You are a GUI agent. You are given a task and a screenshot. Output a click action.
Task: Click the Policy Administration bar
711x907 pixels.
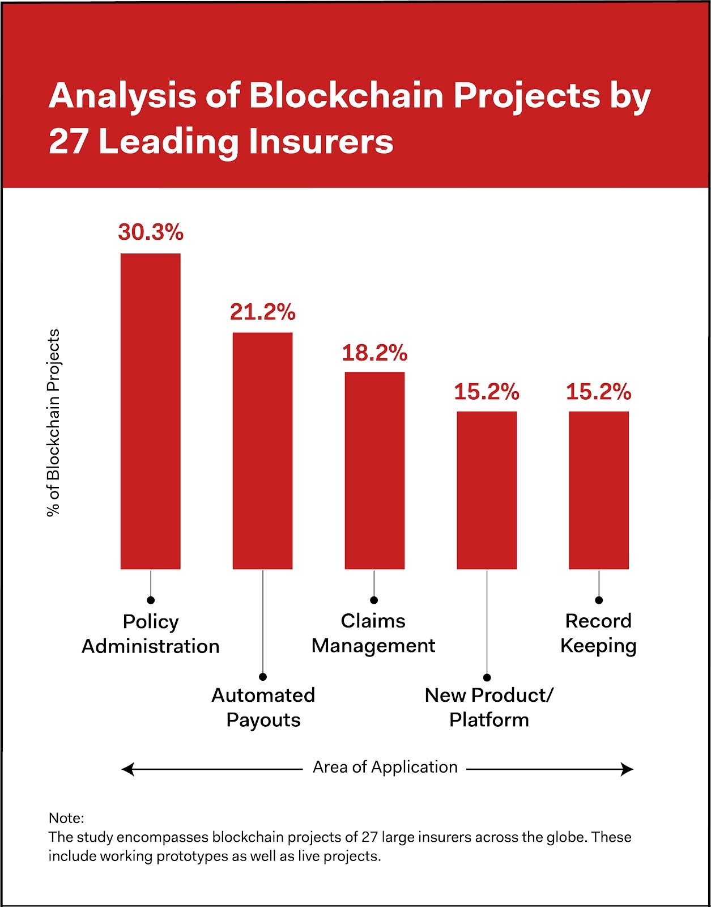(x=151, y=411)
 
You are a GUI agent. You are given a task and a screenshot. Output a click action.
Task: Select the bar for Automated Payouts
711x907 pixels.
(x=262, y=451)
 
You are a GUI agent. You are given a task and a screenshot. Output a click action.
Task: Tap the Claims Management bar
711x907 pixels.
(x=374, y=471)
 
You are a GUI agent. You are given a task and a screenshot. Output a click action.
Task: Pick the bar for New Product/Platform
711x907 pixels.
(x=487, y=490)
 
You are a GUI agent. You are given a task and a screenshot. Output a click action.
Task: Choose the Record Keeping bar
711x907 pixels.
(x=599, y=490)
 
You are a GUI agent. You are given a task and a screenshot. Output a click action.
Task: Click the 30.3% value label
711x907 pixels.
(x=151, y=232)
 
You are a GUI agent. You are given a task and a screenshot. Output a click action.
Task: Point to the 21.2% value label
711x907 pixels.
(x=262, y=312)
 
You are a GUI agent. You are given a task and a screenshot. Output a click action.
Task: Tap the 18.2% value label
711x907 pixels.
(x=374, y=353)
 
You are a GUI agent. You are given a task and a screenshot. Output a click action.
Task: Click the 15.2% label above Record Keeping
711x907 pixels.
(x=599, y=392)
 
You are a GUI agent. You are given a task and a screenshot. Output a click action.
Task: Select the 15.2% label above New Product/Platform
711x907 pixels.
(x=487, y=392)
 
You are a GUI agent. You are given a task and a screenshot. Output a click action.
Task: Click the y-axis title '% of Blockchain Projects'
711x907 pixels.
(x=53, y=422)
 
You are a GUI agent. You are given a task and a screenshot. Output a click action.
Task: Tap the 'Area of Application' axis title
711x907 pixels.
(x=385, y=767)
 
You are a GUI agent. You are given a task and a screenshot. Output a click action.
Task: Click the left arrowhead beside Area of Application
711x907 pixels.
(x=127, y=769)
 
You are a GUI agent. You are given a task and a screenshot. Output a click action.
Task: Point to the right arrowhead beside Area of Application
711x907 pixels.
(x=627, y=769)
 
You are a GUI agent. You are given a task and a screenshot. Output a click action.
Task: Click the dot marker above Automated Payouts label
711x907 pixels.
(x=263, y=677)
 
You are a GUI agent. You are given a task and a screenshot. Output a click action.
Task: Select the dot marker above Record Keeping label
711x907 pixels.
(x=599, y=600)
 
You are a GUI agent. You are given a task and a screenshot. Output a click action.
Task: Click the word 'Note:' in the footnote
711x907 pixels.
(x=66, y=818)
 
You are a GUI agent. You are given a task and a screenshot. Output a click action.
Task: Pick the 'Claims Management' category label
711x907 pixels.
(x=373, y=633)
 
